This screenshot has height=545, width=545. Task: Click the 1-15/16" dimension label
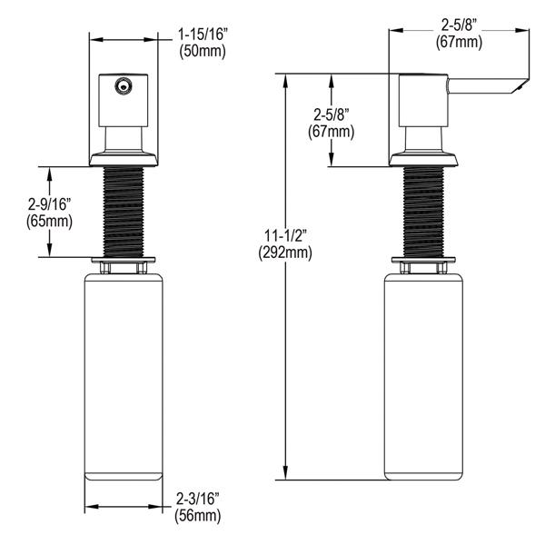point(203,35)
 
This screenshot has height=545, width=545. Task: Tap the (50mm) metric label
point(203,52)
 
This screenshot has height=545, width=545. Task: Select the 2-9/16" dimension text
point(50,205)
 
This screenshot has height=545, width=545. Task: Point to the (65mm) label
point(50,222)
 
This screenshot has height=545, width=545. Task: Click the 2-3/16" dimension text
point(198,499)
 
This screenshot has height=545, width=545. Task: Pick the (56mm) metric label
point(198,515)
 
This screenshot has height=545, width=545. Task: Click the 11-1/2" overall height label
point(285,236)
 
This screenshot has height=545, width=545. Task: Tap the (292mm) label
point(285,253)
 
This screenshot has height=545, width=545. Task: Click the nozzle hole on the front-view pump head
point(122,85)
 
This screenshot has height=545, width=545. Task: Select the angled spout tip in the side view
point(520,86)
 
